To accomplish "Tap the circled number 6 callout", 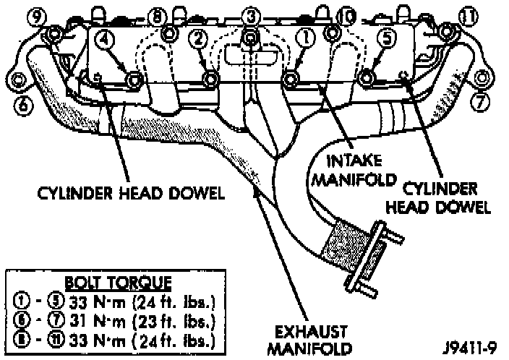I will tap(23, 106).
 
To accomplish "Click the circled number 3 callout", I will tap(250, 14).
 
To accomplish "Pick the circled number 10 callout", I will tap(346, 14).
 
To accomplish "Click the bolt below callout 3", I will tap(250, 36).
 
